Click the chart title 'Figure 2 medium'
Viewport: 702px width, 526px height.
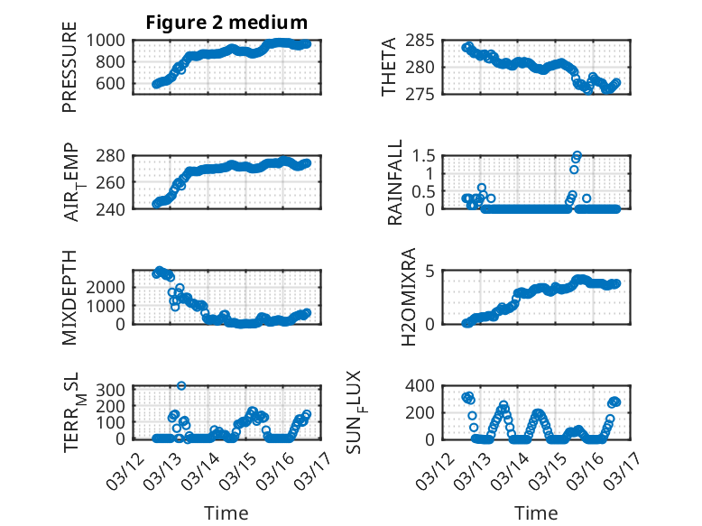click(x=226, y=23)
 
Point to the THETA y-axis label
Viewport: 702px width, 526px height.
click(x=389, y=67)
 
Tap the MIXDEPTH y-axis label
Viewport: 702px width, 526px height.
click(x=69, y=297)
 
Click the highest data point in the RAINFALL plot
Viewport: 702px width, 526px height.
click(x=577, y=156)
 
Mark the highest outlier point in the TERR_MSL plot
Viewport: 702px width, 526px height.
click(x=181, y=386)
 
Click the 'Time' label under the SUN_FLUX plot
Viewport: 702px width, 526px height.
click(x=536, y=512)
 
